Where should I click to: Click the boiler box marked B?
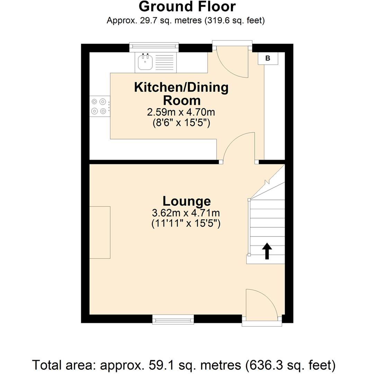tap(268, 58)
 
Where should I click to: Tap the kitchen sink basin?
tap(144, 63)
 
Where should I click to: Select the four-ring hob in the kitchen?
tap(98, 106)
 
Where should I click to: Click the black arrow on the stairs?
tap(267, 251)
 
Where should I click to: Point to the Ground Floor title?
tap(187, 7)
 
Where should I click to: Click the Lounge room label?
tap(187, 201)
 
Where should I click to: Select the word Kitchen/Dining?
tap(181, 87)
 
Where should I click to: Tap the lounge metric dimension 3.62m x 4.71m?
tap(186, 213)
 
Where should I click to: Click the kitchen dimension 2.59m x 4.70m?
tap(181, 113)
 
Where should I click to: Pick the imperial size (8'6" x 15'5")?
tap(181, 123)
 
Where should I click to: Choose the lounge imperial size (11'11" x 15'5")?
tap(186, 224)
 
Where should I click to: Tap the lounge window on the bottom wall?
tap(173, 319)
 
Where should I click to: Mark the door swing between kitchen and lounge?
tap(239, 147)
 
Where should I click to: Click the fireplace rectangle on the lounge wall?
tap(100, 232)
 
